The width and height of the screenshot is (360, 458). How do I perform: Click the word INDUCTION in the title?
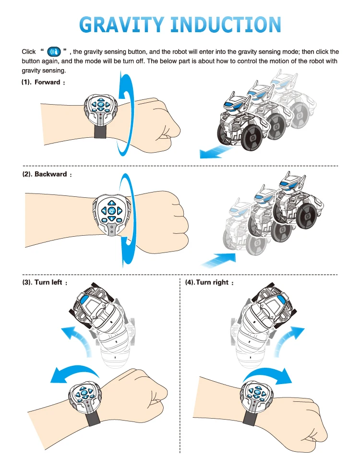click(228, 24)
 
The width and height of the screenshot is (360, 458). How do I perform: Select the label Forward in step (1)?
click(47, 82)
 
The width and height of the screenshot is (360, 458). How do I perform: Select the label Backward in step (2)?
click(50, 174)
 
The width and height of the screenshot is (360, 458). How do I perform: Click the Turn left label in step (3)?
click(48, 282)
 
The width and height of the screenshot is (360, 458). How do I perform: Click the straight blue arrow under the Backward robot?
click(219, 259)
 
